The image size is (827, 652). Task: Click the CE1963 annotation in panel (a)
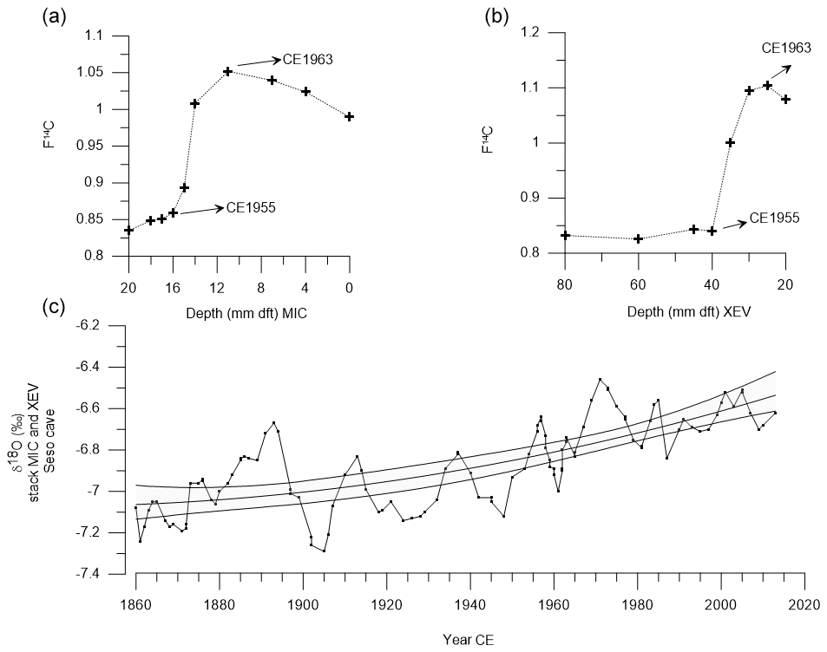[308, 60]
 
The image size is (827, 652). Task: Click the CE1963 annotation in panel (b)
[786, 48]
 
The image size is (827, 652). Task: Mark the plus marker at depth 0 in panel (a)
[350, 116]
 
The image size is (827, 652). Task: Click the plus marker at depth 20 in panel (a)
[128, 230]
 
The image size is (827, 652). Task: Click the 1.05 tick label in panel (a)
[108, 72]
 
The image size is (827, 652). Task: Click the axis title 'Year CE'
[469, 641]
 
